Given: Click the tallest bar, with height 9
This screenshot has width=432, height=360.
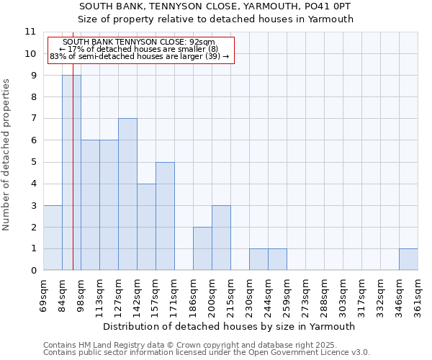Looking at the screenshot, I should (x=71, y=173).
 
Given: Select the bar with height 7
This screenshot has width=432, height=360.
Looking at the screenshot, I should (x=127, y=194).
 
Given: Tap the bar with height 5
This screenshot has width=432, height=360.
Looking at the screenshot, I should (x=165, y=216).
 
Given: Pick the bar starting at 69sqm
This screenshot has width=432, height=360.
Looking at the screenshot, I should (x=53, y=238).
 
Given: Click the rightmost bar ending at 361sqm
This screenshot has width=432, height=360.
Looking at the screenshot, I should (x=408, y=259).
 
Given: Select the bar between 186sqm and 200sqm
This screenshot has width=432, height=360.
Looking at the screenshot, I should (x=202, y=248).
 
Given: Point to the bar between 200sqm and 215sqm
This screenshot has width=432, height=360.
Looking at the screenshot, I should (x=221, y=238).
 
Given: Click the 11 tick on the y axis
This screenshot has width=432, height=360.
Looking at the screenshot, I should (x=30, y=32).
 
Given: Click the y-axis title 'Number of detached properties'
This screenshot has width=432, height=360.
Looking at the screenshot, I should (x=7, y=155).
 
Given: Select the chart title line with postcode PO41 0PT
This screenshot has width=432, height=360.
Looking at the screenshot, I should (x=216, y=6).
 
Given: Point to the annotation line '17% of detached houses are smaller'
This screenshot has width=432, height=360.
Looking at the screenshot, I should (x=143, y=49).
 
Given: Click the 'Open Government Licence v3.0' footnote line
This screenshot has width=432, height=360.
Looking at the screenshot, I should (x=207, y=353).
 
